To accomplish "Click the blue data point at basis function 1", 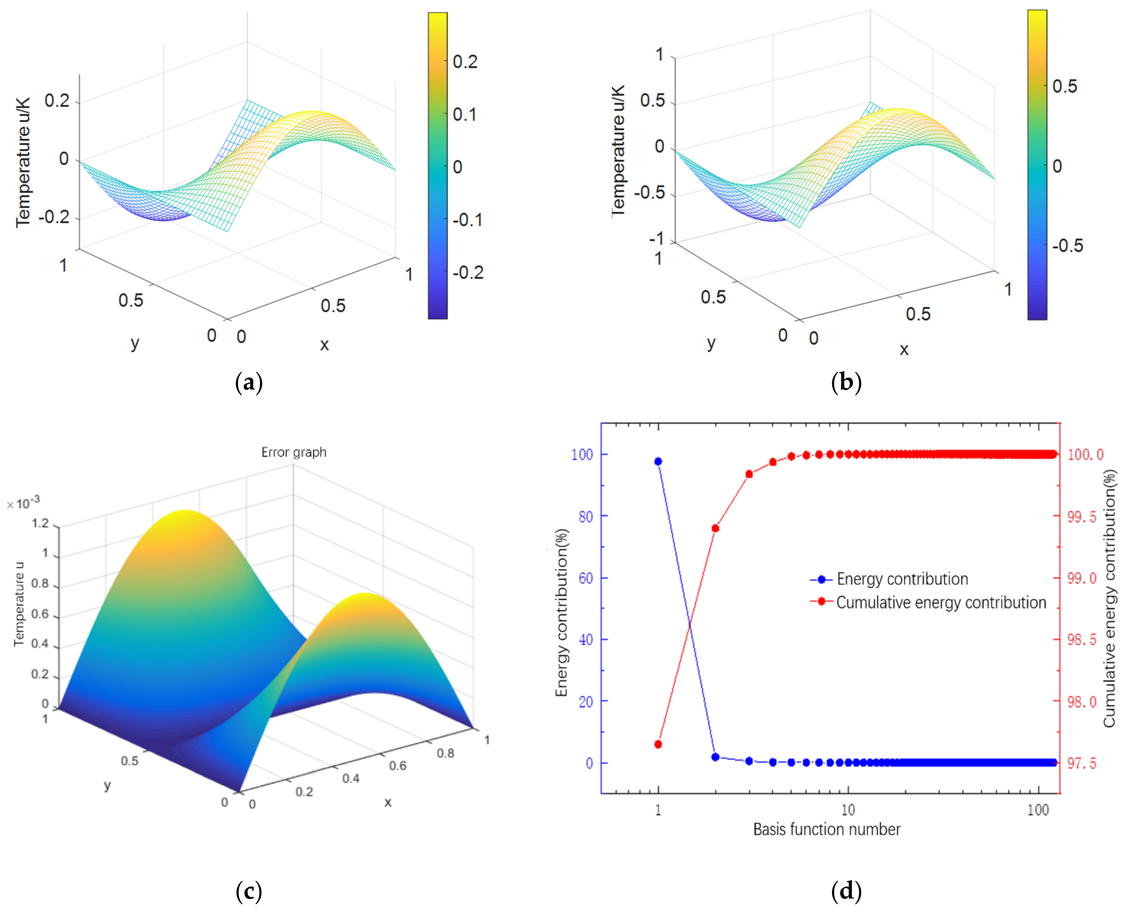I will click(x=658, y=461).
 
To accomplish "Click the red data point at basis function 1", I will click(x=658, y=744).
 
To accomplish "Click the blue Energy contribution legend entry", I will click(x=902, y=579).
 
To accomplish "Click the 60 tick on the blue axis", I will click(x=586, y=578).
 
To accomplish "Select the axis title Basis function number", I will click(x=827, y=830).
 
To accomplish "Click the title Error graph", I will click(x=294, y=452).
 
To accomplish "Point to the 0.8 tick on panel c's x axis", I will click(x=446, y=753).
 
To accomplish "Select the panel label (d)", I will click(x=846, y=891).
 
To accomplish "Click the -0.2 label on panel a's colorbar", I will click(x=467, y=273).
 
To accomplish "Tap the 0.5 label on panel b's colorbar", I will click(x=1065, y=86).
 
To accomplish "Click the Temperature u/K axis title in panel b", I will click(x=619, y=150).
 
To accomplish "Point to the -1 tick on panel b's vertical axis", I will click(x=656, y=239).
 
